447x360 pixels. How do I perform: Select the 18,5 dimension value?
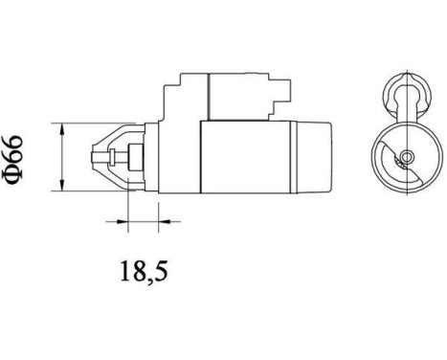141,272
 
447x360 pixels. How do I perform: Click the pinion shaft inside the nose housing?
107,155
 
